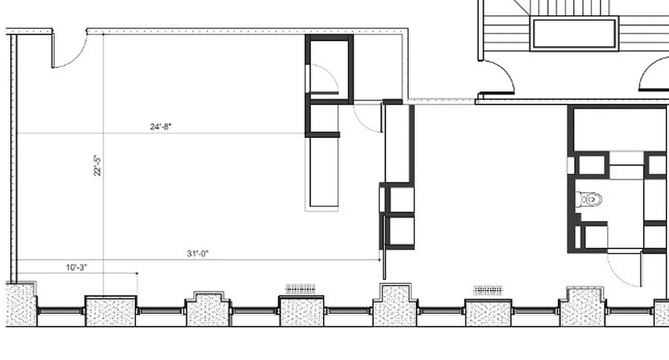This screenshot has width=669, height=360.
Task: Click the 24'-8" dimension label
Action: (161, 127)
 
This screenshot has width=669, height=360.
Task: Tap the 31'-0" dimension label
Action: (198, 254)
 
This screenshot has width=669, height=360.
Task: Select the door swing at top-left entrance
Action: (70, 52)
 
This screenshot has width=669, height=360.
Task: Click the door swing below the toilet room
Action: (624, 270)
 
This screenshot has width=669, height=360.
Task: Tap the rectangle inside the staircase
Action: (574, 34)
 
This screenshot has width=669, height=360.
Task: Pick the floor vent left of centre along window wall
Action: (301, 288)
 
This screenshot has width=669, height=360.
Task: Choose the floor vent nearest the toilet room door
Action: (488, 290)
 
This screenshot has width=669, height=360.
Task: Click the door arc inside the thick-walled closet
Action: (323, 79)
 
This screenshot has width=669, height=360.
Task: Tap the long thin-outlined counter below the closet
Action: (322, 173)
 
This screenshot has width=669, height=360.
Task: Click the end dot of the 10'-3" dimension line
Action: (137, 273)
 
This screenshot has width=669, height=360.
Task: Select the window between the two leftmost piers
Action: (61, 311)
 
